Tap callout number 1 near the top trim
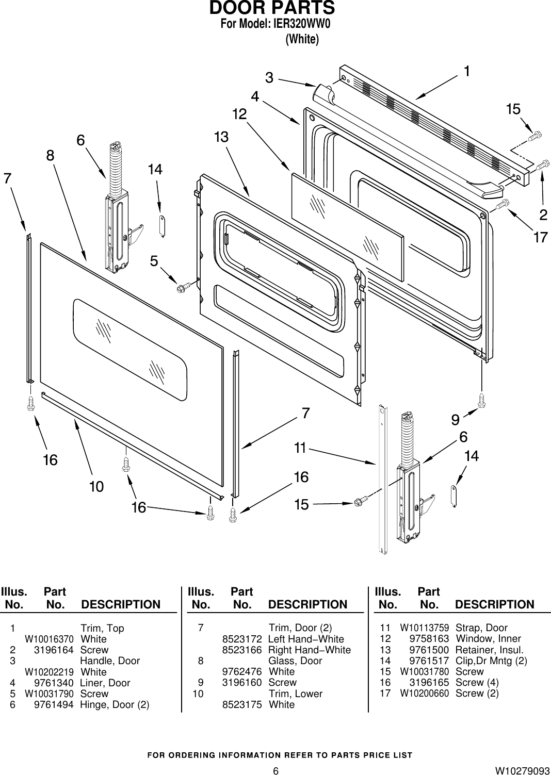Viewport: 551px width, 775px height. [466, 71]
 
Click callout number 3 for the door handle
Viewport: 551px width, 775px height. [269, 78]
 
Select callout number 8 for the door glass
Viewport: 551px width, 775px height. [50, 155]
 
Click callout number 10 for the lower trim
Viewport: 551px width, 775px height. [96, 486]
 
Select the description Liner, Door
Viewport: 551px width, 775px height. [105, 683]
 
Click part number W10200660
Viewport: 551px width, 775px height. [424, 694]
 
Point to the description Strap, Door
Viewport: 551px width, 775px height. [481, 628]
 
